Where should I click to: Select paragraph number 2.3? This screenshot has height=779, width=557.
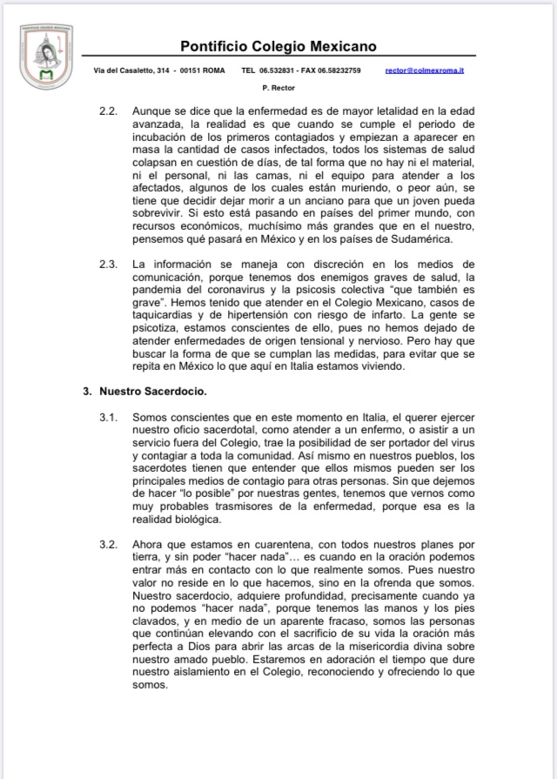click(108, 264)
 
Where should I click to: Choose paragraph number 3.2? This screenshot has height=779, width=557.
click(108, 545)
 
